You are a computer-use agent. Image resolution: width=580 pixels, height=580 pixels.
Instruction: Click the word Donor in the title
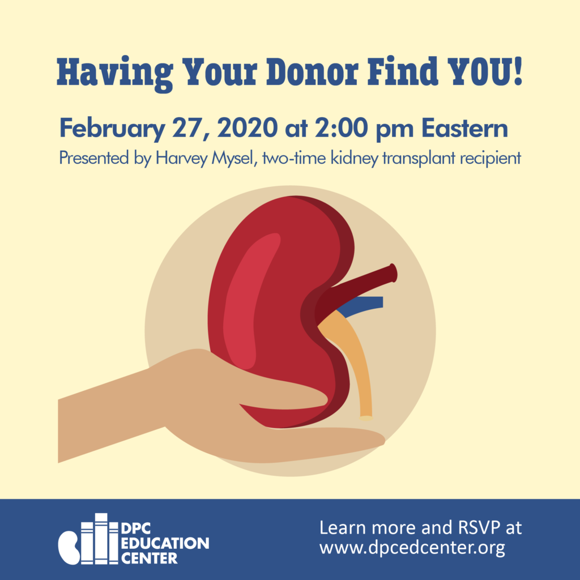tap(313, 71)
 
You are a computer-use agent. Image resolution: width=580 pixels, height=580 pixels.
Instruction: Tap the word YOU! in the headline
tap(485, 71)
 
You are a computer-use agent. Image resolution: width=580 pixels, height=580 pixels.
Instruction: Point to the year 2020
tap(248, 128)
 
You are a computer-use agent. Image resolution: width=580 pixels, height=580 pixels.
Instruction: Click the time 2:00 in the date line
tap(341, 128)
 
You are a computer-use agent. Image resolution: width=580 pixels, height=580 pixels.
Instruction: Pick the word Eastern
tap(464, 128)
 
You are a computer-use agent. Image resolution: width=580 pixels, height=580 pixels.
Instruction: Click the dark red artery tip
tap(394, 273)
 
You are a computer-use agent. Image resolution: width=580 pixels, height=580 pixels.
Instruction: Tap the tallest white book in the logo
tap(101, 539)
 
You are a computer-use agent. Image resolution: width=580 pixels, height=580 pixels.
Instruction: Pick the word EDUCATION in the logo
tap(165, 543)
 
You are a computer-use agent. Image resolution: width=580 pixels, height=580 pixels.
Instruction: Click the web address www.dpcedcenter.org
tap(412, 547)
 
